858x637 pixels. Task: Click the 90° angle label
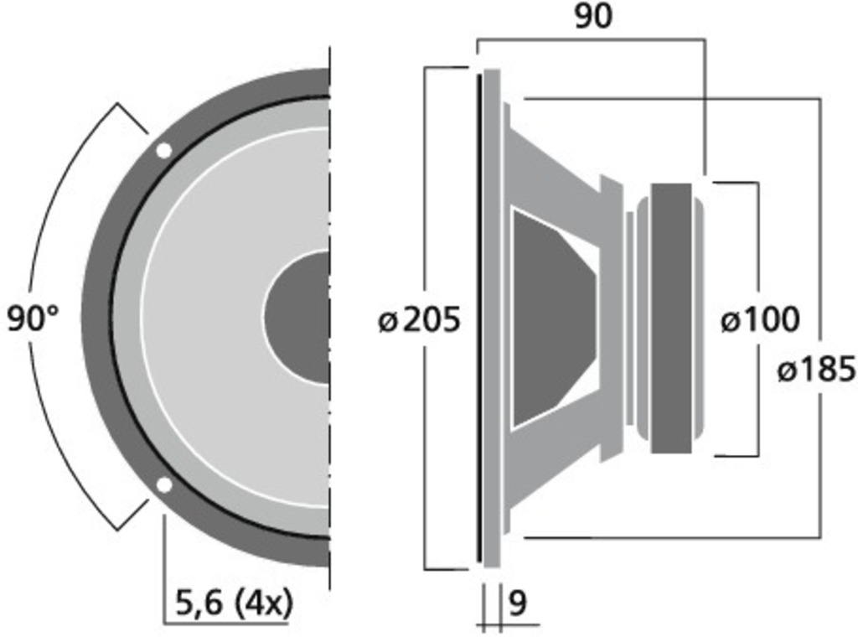pyautogui.click(x=34, y=318)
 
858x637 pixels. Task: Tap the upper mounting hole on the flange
pyautogui.click(x=164, y=151)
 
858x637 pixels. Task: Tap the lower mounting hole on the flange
pyautogui.click(x=164, y=484)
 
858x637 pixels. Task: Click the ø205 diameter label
pyautogui.click(x=419, y=319)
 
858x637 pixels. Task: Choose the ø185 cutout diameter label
pyautogui.click(x=816, y=369)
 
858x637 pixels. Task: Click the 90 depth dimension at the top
pyautogui.click(x=592, y=16)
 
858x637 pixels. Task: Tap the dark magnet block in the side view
pyautogui.click(x=671, y=318)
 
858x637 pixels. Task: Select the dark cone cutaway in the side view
pyautogui.click(x=549, y=318)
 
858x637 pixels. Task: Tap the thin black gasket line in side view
pyautogui.click(x=479, y=318)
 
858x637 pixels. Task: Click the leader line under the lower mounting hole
pyautogui.click(x=164, y=570)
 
